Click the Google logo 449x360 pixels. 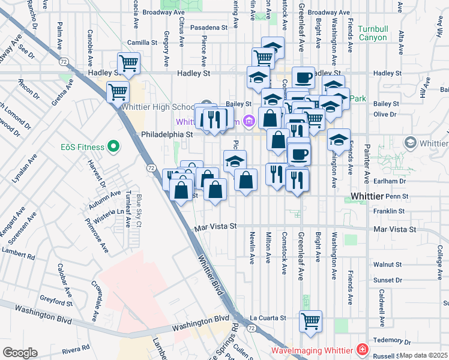(19, 353)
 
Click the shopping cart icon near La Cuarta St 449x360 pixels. (310, 321)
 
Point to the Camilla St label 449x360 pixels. (142, 43)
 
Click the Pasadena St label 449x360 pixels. (209, 28)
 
